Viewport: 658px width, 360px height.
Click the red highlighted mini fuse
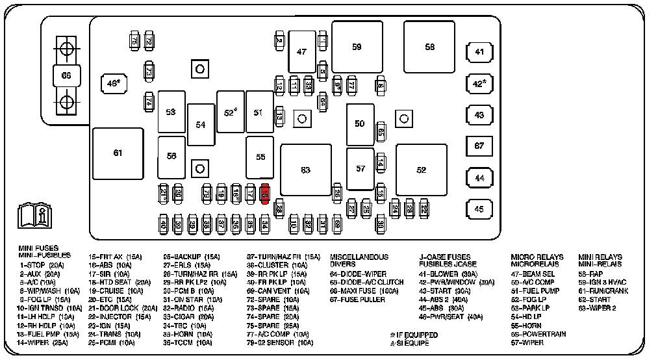pos(265,193)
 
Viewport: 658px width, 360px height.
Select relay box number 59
pos(357,47)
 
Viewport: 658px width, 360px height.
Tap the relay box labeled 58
pos(429,47)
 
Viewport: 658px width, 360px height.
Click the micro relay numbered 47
pos(301,51)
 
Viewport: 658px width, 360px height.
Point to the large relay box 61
pos(118,153)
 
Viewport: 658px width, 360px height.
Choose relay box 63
pos(305,170)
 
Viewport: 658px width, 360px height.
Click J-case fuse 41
pos(479,52)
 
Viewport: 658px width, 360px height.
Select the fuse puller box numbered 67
pos(479,146)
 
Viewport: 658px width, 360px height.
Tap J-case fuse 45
pos(479,209)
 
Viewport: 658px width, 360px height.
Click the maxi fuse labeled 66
pos(66,75)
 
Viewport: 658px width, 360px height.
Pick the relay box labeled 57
pos(360,168)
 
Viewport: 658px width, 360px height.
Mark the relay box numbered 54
pos(201,124)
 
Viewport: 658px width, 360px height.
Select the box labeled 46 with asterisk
pos(114,83)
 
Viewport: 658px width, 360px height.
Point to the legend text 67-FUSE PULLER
pos(357,300)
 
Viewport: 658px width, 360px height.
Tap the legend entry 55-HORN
pos(526,325)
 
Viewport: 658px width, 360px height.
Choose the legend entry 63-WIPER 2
pos(597,308)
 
